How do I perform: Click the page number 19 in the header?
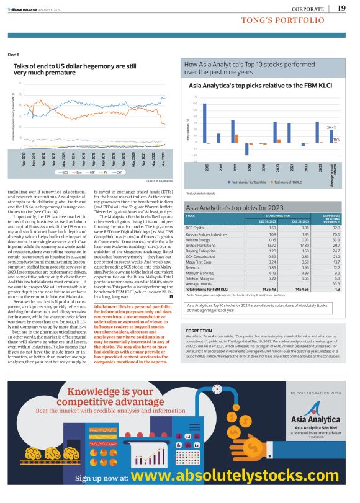point(341,7)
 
